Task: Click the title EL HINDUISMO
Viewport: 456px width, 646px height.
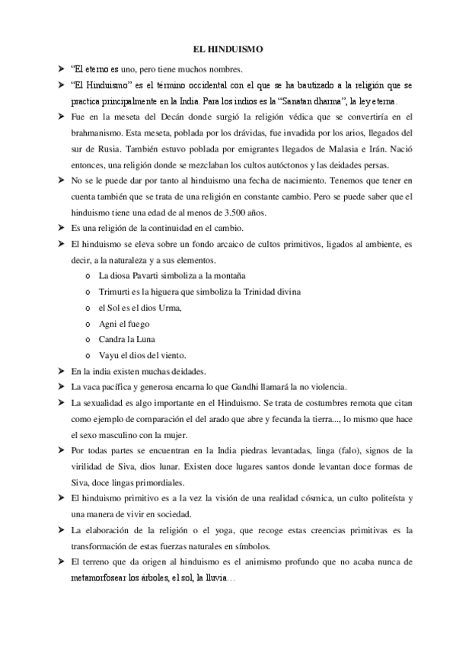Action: coord(228,50)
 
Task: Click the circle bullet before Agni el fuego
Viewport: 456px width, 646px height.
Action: coord(90,324)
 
